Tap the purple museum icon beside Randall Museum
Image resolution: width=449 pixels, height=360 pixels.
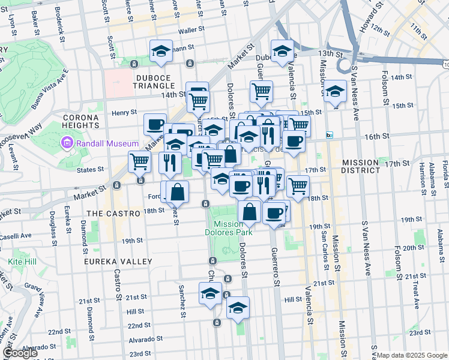(x=66, y=143)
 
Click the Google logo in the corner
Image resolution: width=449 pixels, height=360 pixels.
(x=20, y=353)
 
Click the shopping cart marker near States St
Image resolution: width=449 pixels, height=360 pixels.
(x=139, y=161)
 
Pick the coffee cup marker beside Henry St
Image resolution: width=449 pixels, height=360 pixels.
(x=155, y=124)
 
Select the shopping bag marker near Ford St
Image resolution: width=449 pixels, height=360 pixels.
(x=178, y=192)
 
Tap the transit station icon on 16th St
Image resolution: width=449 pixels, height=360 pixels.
(x=329, y=135)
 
